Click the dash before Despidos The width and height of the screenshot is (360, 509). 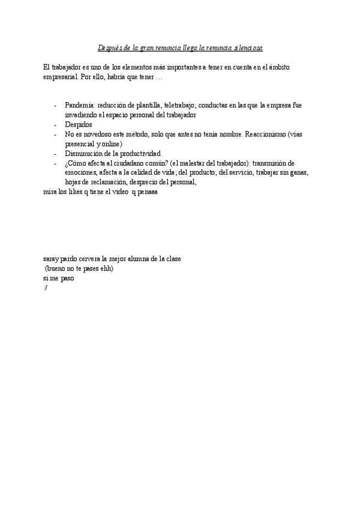[x=55, y=124]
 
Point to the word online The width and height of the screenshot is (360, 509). [x=109, y=143]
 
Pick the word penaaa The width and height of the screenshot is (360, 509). [x=145, y=193]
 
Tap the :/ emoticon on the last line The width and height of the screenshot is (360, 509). [x=46, y=288]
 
